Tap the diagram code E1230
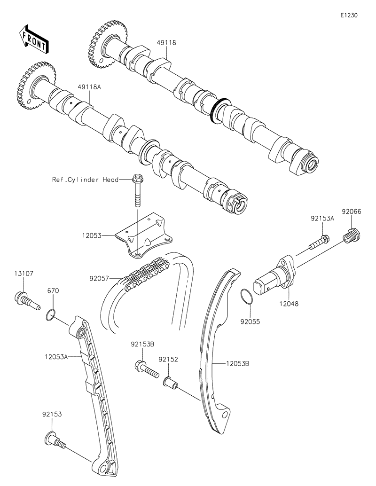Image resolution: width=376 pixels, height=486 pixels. pos(349,16)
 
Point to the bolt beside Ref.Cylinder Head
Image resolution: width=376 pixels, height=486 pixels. pos(137,190)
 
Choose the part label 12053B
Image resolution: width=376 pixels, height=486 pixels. pos(237,363)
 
